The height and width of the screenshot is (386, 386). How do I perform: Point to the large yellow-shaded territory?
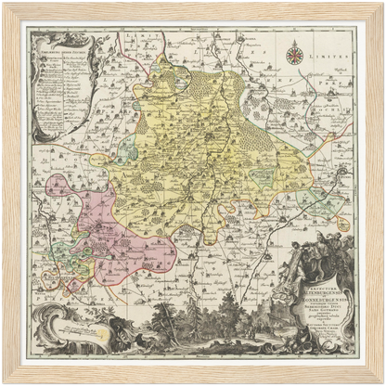204,148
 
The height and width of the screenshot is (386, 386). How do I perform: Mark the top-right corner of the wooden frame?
379,7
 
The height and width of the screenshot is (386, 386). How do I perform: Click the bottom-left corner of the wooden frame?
7,379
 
